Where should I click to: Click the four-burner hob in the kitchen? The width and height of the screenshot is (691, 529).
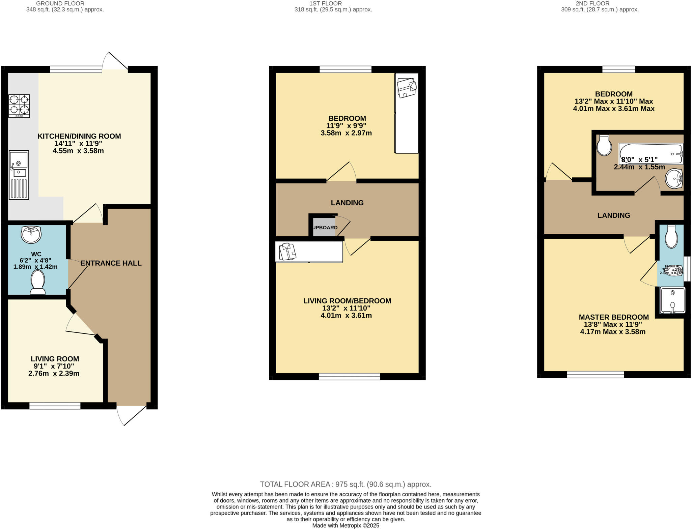[19, 106]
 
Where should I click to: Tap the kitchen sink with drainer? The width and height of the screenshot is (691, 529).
[19, 175]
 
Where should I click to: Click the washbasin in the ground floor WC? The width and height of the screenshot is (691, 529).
[31, 234]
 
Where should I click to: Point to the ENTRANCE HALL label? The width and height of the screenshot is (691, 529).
[111, 263]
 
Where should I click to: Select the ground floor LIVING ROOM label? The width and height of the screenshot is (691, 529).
[55, 359]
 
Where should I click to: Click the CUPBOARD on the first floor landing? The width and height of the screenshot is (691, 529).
[324, 227]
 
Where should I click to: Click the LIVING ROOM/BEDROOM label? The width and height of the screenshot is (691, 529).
[347, 301]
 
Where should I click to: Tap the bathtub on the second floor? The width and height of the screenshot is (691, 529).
[651, 153]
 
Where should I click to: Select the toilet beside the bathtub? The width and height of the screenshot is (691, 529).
[604, 146]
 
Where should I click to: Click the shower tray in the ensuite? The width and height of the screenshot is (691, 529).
[672, 300]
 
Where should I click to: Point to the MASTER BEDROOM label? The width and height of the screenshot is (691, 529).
[613, 317]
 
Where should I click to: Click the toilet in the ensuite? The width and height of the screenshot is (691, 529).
[671, 237]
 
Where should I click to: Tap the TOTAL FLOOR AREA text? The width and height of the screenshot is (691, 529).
[345, 484]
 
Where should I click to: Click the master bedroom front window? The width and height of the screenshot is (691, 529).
[596, 374]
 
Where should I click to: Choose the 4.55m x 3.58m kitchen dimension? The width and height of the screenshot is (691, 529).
[78, 151]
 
